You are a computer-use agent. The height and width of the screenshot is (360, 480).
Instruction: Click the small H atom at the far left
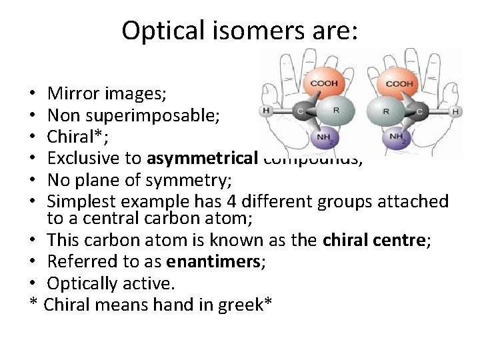click(x=266, y=111)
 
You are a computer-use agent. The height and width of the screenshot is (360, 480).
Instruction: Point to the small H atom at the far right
click(x=456, y=111)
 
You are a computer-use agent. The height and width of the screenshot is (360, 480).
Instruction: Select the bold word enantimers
click(x=221, y=262)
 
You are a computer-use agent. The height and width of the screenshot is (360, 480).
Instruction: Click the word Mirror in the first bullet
click(x=71, y=94)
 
